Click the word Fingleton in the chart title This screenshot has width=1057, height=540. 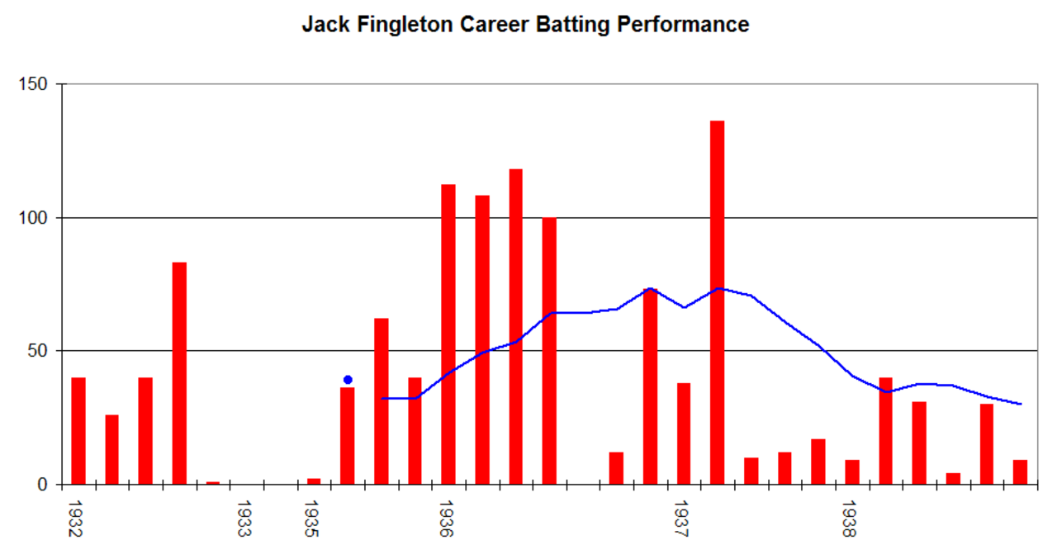tap(405, 25)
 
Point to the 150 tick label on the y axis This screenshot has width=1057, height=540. tap(33, 84)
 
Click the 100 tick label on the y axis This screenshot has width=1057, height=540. tap(33, 218)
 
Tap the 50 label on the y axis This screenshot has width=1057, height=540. tap(38, 351)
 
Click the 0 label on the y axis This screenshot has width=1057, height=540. tap(42, 485)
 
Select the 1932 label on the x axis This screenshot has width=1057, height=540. tap(75, 519)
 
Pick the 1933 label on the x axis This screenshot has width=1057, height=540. tap(244, 519)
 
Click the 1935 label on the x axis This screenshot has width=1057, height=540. tap(311, 519)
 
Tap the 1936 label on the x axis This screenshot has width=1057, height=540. tap(447, 519)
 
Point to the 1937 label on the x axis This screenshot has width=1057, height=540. tap(681, 519)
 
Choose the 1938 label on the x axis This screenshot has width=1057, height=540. tap(849, 519)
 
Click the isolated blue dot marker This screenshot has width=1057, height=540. tap(348, 380)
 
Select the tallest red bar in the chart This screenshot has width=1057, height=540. tap(718, 302)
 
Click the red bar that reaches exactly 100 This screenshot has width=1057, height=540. tap(549, 351)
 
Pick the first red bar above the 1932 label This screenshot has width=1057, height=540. tap(78, 431)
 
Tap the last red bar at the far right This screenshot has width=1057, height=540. tap(1020, 472)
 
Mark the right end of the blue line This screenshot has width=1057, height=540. tap(1021, 404)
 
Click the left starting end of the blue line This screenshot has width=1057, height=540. tap(382, 399)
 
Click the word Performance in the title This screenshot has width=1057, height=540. tap(683, 25)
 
